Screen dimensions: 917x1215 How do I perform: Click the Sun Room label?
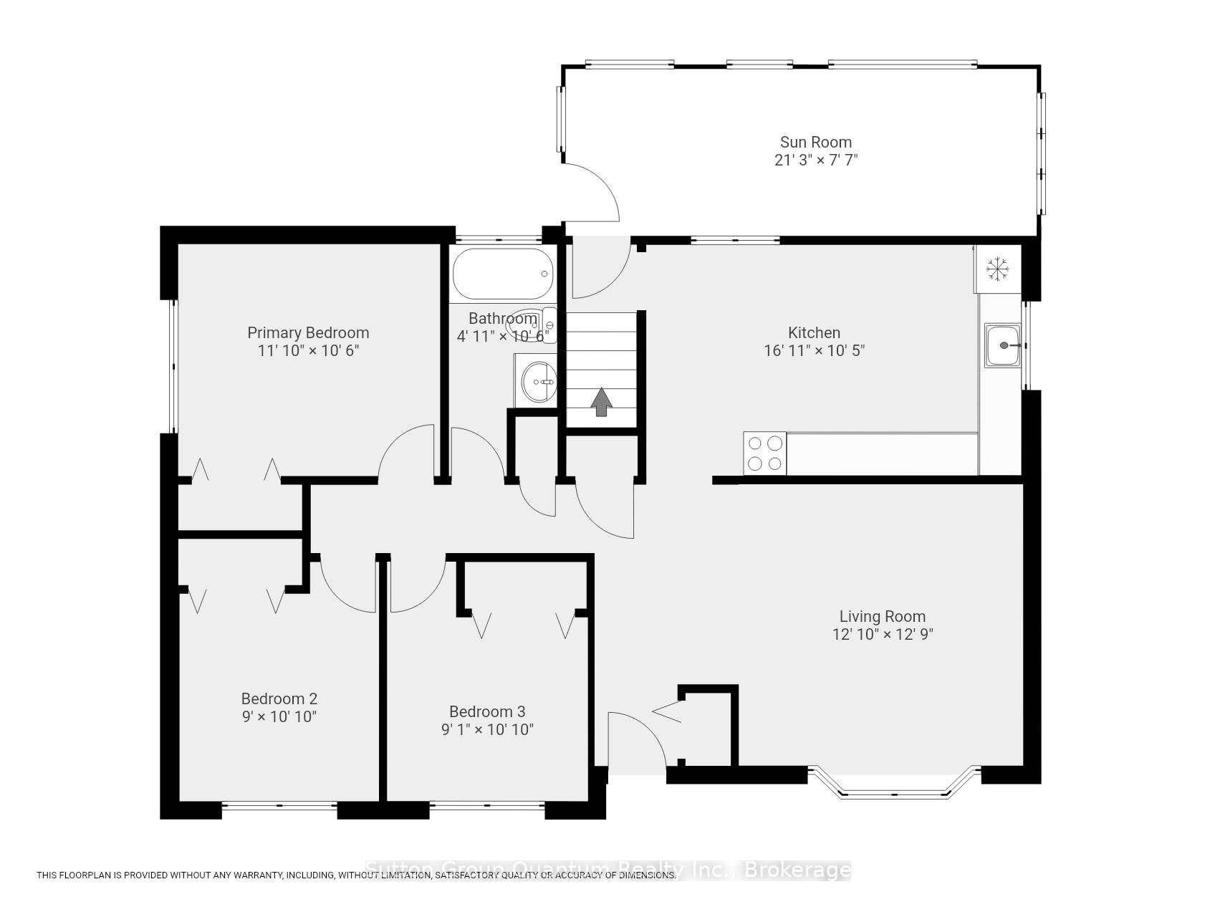point(815,142)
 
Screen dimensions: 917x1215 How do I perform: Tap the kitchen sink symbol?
point(1002,345)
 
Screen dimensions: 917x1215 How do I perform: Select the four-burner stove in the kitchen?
point(764,453)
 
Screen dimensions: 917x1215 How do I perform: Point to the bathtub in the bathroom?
point(504,273)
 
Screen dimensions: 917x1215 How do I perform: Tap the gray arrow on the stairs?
point(601,402)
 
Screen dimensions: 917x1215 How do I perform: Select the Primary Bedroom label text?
point(308,332)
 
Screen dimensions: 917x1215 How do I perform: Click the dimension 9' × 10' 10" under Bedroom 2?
point(279,716)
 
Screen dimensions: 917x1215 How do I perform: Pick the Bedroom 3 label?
point(487,711)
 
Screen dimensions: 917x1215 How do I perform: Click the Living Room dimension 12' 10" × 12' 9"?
point(882,634)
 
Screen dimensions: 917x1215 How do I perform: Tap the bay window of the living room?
point(893,788)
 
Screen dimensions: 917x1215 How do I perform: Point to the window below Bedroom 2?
point(279,807)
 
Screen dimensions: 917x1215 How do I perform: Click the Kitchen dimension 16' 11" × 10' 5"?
point(815,351)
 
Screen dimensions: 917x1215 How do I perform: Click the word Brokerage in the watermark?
point(797,870)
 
